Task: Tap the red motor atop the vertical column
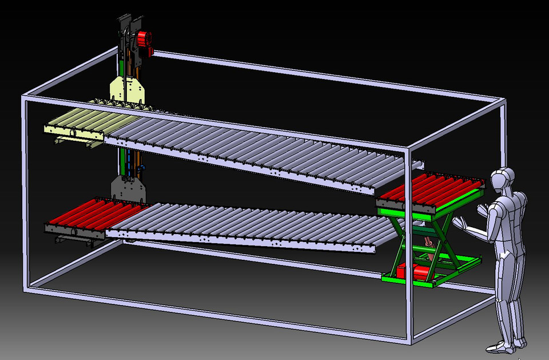(144, 40)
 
